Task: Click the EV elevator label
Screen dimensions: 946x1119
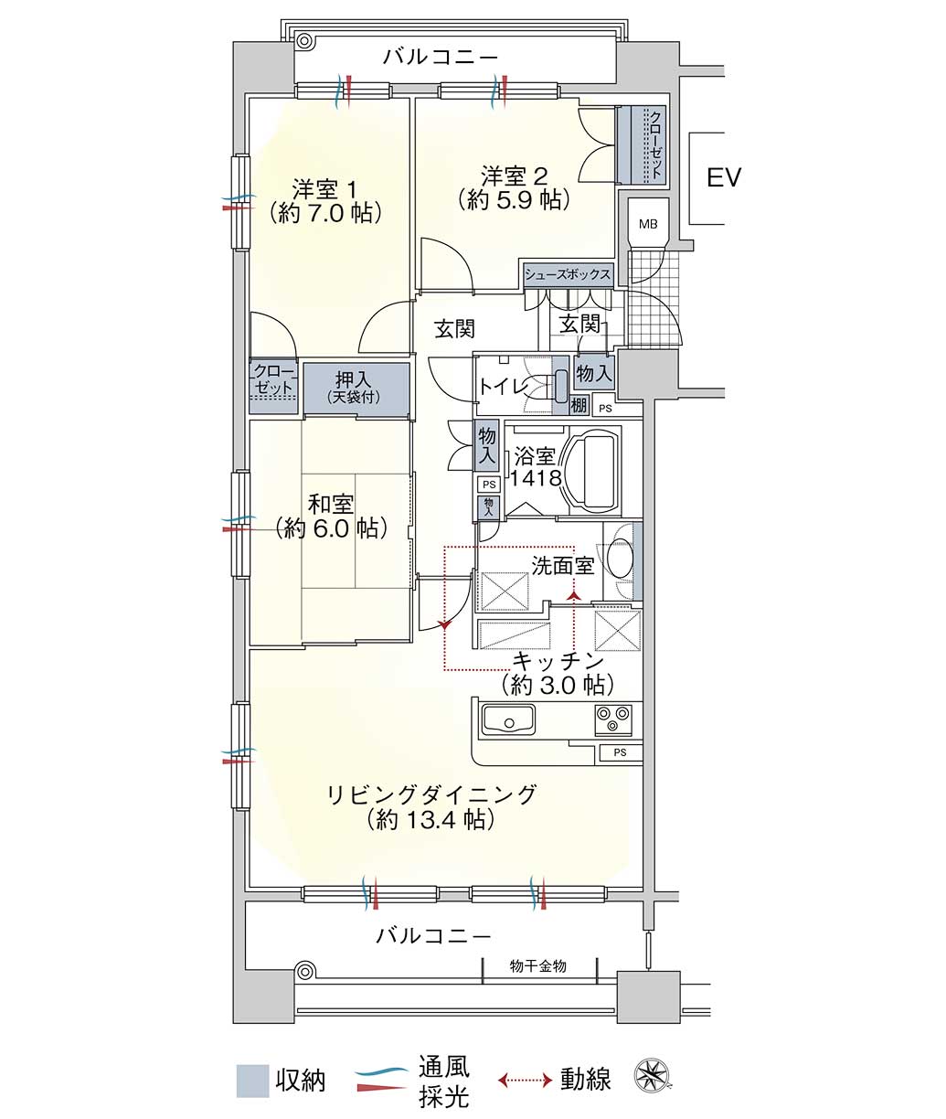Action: click(724, 177)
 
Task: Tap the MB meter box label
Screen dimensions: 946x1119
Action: click(648, 224)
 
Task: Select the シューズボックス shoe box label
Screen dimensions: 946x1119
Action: click(568, 275)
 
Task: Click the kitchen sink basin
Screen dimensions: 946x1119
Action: click(508, 719)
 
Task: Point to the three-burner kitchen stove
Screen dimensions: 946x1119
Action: click(613, 719)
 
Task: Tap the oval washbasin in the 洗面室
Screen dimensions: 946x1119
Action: click(619, 559)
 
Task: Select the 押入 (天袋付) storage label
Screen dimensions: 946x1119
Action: click(354, 387)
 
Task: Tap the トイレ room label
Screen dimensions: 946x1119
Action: click(504, 387)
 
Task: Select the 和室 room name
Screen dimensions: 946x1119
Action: click(331, 505)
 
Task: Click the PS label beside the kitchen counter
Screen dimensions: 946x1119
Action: click(621, 752)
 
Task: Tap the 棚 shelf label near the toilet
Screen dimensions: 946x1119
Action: click(579, 404)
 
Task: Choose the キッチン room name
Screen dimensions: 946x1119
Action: click(558, 660)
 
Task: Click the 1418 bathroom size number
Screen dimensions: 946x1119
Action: click(537, 478)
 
